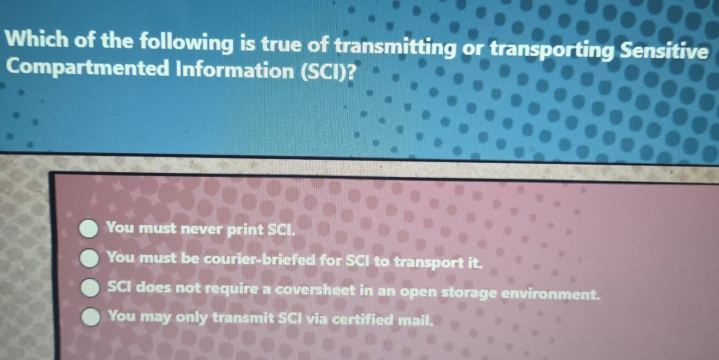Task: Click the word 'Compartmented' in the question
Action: (87, 69)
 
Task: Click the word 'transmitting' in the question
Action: (395, 47)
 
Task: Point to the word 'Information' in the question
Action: (235, 71)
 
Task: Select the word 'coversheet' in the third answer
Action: (315, 290)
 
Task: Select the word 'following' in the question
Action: (186, 43)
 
